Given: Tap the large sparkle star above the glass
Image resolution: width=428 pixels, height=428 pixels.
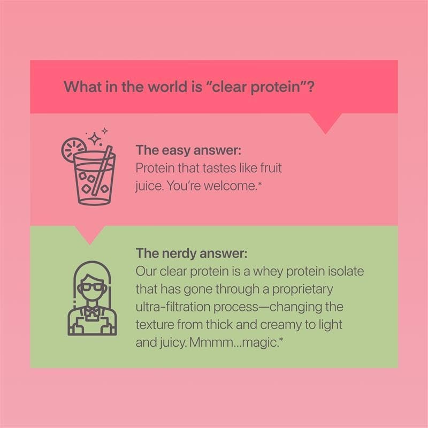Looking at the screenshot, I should click(x=96, y=139).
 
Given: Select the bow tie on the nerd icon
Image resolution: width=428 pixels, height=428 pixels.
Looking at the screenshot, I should click(x=89, y=308).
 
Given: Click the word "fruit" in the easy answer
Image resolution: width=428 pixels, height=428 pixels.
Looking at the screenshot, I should click(x=269, y=168).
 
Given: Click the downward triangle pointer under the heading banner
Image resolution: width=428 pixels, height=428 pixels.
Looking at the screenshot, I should click(x=325, y=123).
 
